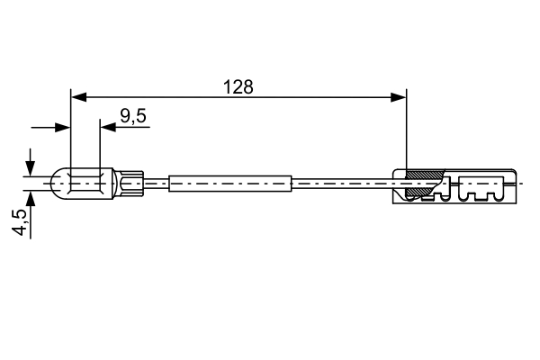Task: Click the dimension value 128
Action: [x=239, y=87]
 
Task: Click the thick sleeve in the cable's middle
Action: [x=230, y=184]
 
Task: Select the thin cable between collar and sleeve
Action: [x=156, y=184]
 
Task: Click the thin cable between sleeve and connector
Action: [x=342, y=184]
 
